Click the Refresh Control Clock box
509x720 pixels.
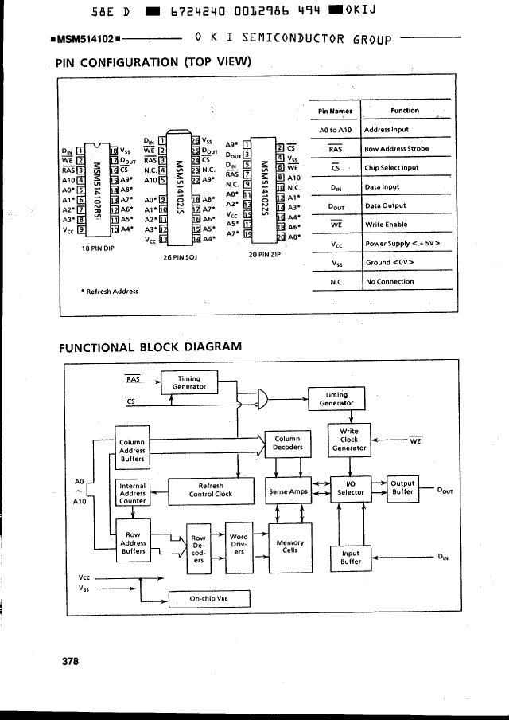pyautogui.click(x=210, y=489)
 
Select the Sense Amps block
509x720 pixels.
pyautogui.click(x=288, y=492)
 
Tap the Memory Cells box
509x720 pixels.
pyautogui.click(x=289, y=546)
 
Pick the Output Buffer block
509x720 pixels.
pyautogui.click(x=403, y=488)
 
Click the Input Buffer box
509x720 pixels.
pyautogui.click(x=351, y=558)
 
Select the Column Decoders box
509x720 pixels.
pyautogui.click(x=287, y=443)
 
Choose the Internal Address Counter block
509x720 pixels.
pyautogui.click(x=132, y=493)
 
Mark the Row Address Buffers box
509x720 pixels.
pyautogui.click(x=132, y=543)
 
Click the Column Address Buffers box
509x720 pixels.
pyautogui.click(x=132, y=450)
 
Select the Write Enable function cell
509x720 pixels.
pyautogui.click(x=387, y=225)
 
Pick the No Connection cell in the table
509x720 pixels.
pyautogui.click(x=390, y=281)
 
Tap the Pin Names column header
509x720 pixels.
pyautogui.click(x=334, y=112)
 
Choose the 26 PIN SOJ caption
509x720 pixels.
pyautogui.click(x=179, y=257)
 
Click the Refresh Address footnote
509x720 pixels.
pyautogui.click(x=110, y=291)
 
